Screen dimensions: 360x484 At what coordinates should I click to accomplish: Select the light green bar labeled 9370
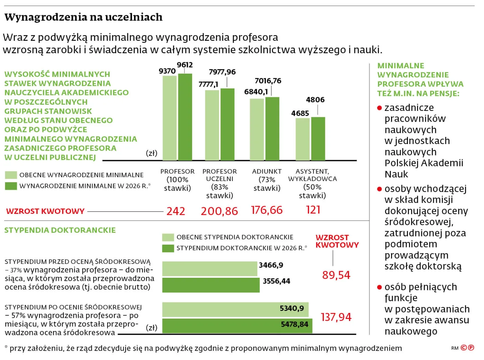[169, 118]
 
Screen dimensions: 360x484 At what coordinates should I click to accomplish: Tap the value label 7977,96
[222, 72]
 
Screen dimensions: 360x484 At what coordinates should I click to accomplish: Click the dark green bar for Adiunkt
[272, 129]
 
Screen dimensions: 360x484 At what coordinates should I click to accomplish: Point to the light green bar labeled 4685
[302, 139]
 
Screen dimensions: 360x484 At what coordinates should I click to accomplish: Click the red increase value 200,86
[219, 211]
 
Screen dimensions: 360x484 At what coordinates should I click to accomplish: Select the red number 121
[313, 210]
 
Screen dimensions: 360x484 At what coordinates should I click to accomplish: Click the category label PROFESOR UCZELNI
[220, 175]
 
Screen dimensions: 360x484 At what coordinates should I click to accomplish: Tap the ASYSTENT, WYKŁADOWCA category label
[312, 175]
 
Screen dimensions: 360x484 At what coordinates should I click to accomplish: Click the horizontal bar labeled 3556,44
[211, 285]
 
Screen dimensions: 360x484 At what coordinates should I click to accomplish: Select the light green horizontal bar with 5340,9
[235, 310]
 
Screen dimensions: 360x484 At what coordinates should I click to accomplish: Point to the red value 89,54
[336, 275]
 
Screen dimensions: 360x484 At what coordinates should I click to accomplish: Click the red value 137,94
[336, 317]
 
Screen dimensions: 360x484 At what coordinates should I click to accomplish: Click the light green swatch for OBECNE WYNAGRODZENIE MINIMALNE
[11, 175]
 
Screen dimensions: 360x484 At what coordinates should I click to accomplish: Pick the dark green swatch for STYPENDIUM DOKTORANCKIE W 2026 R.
[168, 248]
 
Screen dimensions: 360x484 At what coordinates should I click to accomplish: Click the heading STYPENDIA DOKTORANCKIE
[60, 230]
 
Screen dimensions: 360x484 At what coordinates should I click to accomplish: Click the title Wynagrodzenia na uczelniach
[83, 17]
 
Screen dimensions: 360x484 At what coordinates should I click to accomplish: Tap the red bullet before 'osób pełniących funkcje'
[379, 287]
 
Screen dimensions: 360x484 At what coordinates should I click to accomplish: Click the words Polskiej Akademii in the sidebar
[424, 163]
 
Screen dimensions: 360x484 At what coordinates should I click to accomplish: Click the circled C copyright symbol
[464, 348]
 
